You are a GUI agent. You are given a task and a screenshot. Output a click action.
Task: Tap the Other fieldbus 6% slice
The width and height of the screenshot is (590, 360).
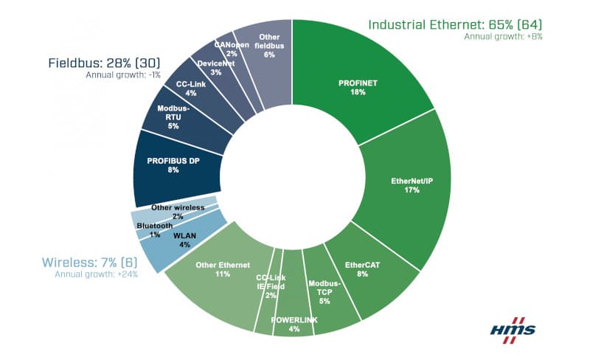pos(265,44)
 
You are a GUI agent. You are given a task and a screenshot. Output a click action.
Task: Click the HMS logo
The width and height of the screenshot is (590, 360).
pos(513,327)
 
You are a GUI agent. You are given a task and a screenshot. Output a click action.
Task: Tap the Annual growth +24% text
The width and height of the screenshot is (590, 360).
pos(96,274)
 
